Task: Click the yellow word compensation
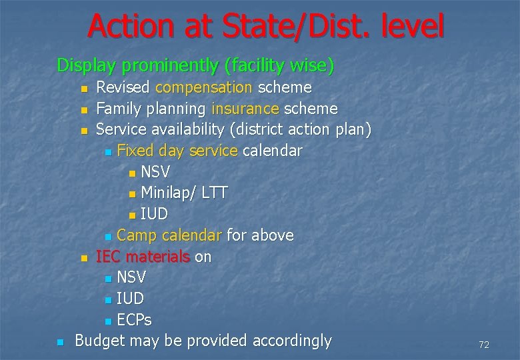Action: tap(203, 87)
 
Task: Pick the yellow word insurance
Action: tap(245, 109)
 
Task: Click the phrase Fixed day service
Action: tap(177, 151)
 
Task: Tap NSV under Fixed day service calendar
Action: tap(155, 172)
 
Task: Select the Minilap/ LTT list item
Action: tap(184, 193)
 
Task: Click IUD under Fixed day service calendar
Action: tap(154, 214)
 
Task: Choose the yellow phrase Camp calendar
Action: tap(169, 235)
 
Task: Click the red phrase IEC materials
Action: tap(143, 257)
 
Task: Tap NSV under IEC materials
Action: tap(131, 277)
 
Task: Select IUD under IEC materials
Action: tap(130, 299)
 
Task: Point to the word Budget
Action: tap(99, 341)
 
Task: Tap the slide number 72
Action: tap(484, 345)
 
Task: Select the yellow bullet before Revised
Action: tap(82, 89)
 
